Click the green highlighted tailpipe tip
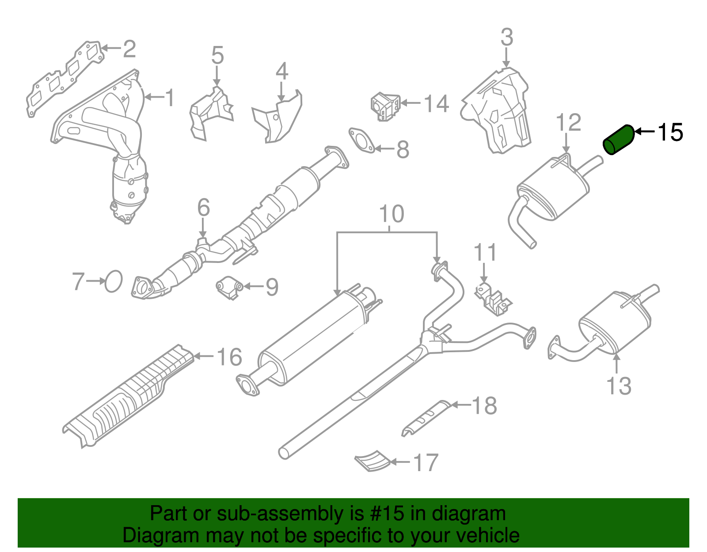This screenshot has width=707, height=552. [x=619, y=140]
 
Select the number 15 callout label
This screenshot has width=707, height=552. [x=670, y=132]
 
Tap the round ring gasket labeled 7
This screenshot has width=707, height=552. [x=114, y=281]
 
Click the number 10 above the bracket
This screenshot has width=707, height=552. [x=392, y=214]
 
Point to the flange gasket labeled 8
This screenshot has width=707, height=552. [x=361, y=141]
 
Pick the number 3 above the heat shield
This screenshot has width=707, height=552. [x=507, y=37]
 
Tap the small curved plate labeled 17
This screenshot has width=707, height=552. [x=373, y=461]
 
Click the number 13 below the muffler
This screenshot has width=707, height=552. [x=619, y=386]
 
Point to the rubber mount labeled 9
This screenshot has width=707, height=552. [x=229, y=288]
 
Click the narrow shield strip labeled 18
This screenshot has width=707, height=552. [x=425, y=418]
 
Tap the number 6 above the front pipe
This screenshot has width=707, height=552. [x=203, y=207]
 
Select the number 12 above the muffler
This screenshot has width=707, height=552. [x=568, y=122]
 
